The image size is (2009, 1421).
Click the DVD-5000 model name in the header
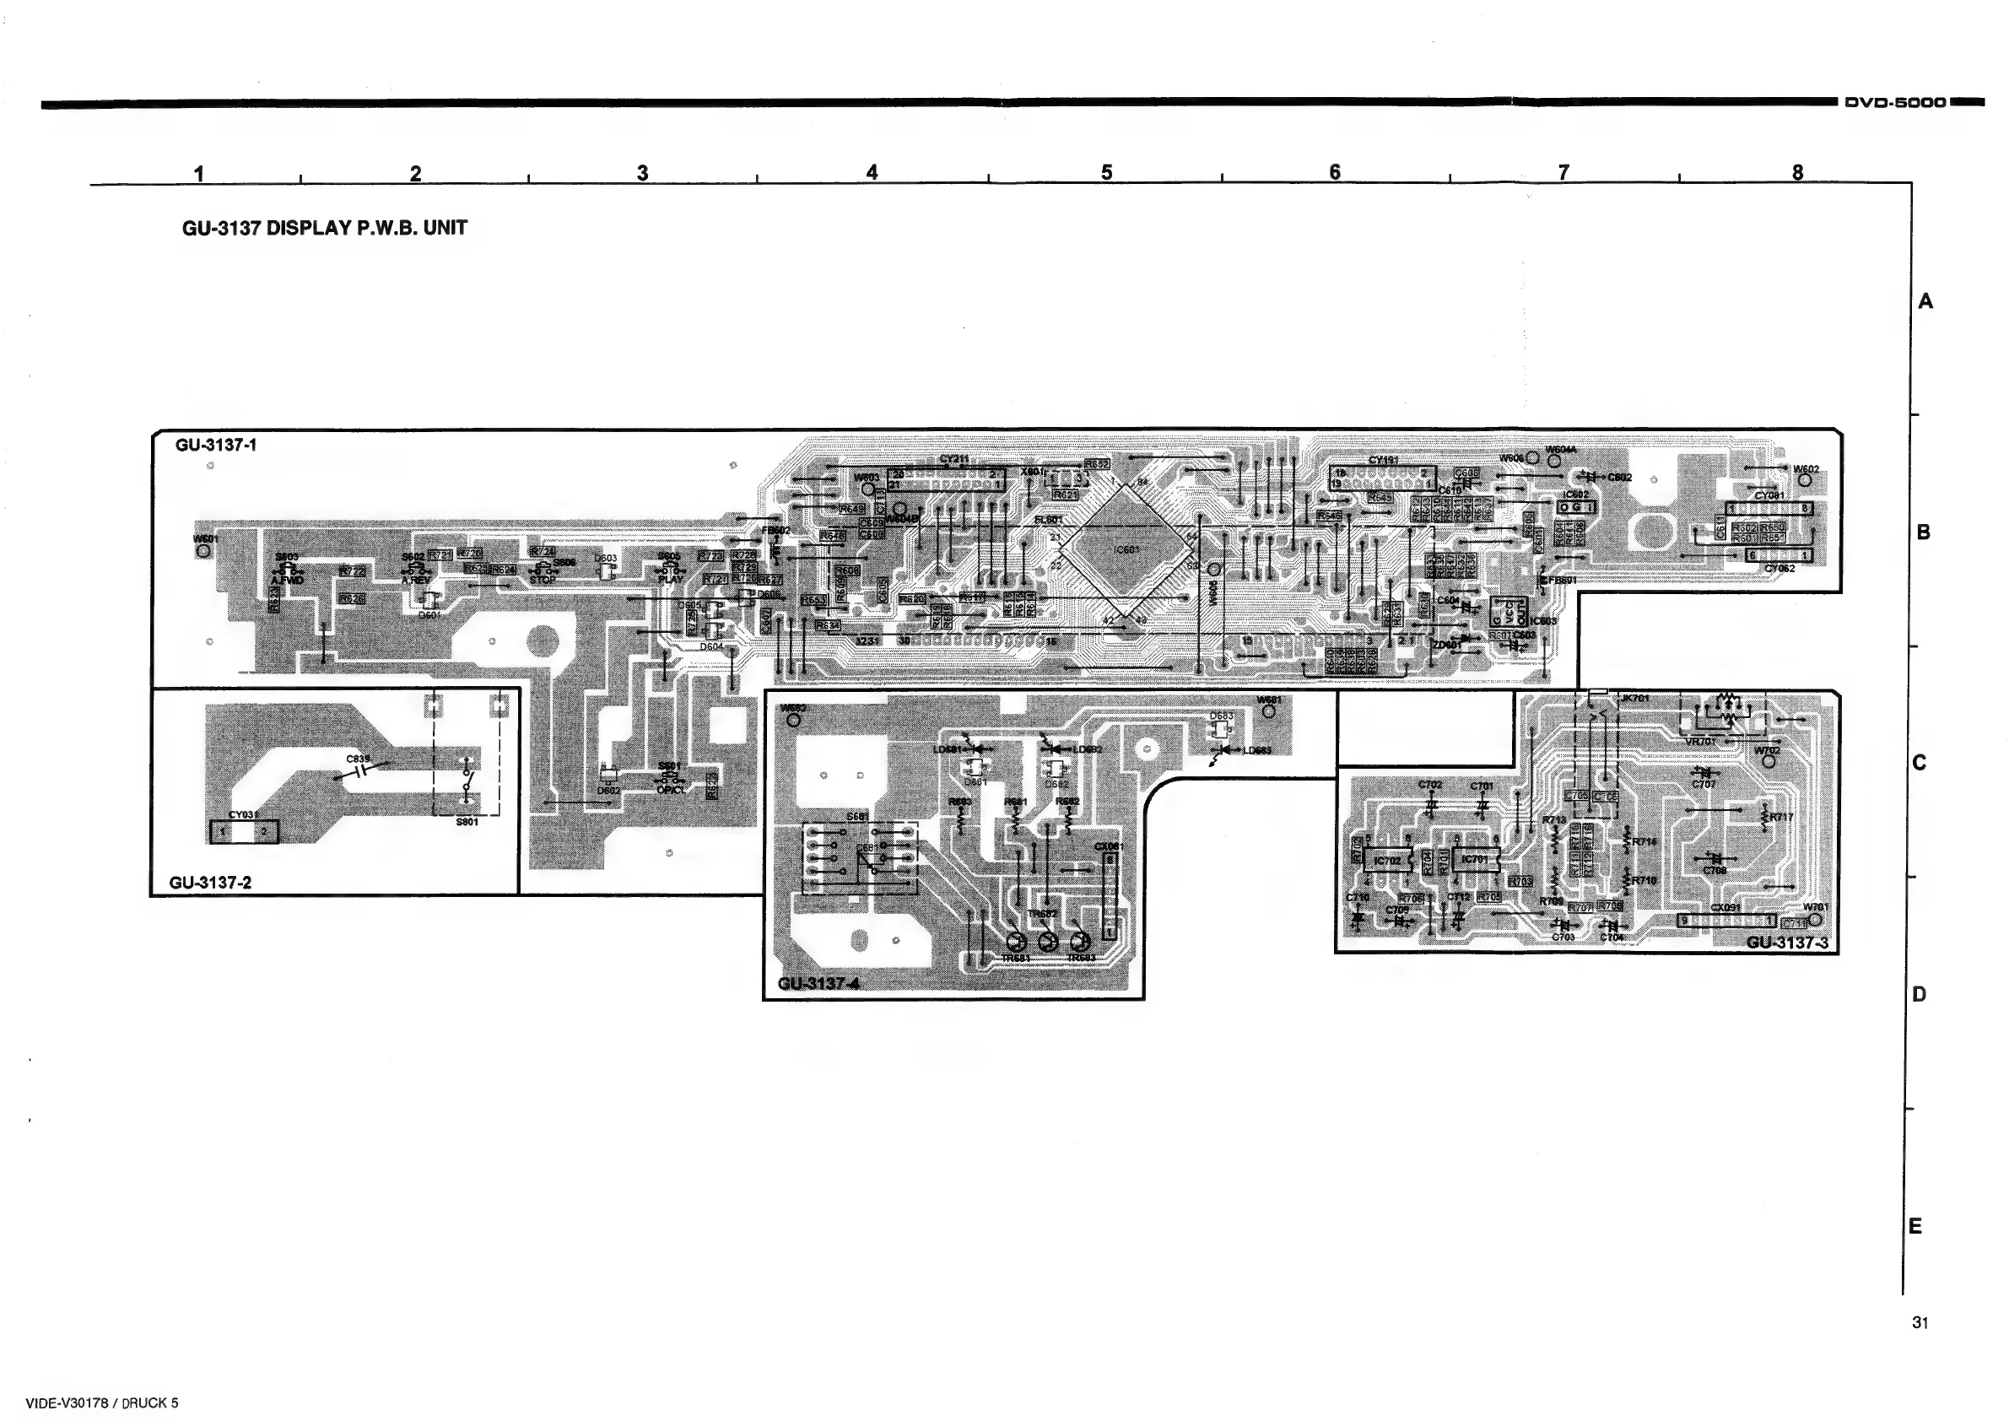click(x=1894, y=102)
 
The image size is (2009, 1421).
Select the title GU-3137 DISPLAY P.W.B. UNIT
click(x=324, y=229)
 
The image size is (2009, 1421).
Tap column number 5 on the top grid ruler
click(x=1106, y=172)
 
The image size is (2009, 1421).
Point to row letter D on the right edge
click(x=1919, y=994)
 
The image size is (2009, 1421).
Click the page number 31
click(x=1920, y=1322)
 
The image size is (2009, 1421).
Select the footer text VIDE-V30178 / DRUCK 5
click(x=101, y=1402)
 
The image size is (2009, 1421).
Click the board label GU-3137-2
click(x=210, y=882)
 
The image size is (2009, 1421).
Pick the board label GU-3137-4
click(x=818, y=984)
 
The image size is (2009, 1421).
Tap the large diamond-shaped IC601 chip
click(x=1127, y=549)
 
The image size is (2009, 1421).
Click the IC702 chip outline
click(x=1387, y=860)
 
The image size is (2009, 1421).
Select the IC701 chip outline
click(x=1475, y=859)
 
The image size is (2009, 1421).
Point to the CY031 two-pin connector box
click(x=243, y=831)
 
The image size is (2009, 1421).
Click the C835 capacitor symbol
click(x=359, y=770)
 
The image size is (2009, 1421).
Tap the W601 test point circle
click(x=203, y=550)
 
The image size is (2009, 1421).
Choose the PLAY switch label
click(x=670, y=579)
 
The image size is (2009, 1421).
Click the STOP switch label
click(x=543, y=579)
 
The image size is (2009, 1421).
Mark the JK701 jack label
click(x=1634, y=698)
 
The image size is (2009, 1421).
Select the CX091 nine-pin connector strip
click(x=1726, y=921)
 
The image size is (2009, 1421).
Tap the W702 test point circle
click(x=1769, y=761)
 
